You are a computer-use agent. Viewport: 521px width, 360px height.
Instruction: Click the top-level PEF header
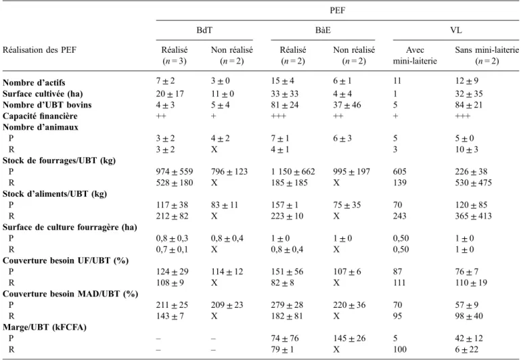tap(337, 10)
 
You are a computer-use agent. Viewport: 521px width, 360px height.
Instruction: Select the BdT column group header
tap(204, 30)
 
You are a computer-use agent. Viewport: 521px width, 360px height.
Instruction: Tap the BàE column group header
tap(323, 30)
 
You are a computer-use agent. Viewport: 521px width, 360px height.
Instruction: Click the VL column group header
tap(456, 30)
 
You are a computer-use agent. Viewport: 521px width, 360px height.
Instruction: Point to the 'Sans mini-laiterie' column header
tap(486, 55)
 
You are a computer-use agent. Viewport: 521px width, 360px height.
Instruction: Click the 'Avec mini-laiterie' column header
tap(415, 55)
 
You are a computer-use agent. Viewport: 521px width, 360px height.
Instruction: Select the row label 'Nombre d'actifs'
tap(34, 83)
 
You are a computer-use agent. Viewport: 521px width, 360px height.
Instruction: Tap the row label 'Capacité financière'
tap(40, 116)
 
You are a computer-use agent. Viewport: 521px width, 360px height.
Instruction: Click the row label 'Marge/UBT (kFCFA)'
tap(45, 327)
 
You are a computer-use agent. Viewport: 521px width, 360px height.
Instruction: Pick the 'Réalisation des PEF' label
tap(39, 50)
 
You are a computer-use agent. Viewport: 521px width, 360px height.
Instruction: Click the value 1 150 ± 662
tap(293, 171)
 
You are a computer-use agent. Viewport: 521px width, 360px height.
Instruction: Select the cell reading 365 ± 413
tap(473, 216)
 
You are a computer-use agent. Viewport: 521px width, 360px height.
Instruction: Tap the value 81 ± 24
tap(285, 105)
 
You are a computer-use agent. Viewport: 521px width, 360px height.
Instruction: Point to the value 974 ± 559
tap(175, 171)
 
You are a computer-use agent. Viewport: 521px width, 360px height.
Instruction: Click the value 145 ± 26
tap(349, 338)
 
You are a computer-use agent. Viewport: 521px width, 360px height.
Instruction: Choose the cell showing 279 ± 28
tap(287, 305)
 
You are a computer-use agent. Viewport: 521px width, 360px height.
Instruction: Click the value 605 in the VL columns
tap(399, 171)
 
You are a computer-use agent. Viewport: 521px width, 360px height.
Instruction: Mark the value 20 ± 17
tap(170, 94)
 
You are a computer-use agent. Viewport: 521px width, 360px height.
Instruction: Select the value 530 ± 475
tap(473, 183)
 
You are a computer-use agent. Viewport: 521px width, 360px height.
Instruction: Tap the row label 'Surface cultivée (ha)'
tap(43, 94)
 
